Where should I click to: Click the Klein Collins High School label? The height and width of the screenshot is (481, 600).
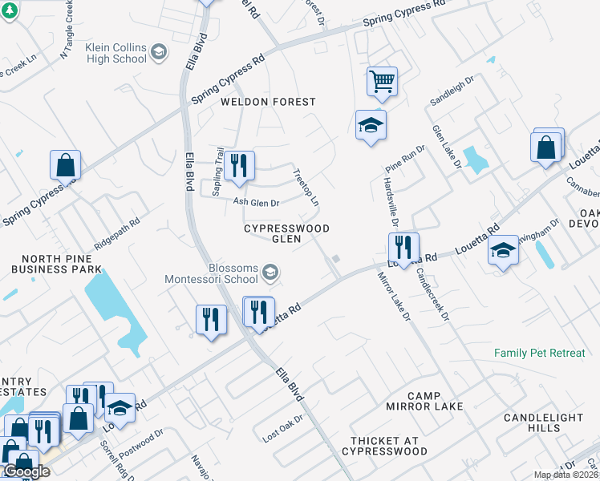click(116, 53)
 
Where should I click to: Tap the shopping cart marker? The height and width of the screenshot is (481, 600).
click(383, 81)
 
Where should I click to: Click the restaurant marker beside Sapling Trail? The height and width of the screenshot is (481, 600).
click(239, 165)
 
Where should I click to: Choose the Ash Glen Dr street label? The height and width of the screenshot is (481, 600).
click(256, 204)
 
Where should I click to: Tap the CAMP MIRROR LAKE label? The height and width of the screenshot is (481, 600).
click(435, 401)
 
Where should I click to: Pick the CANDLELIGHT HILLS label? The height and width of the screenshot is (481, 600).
click(543, 422)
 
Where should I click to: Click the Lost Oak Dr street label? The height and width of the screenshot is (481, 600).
click(283, 430)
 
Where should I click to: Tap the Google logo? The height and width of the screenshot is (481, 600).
click(26, 471)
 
